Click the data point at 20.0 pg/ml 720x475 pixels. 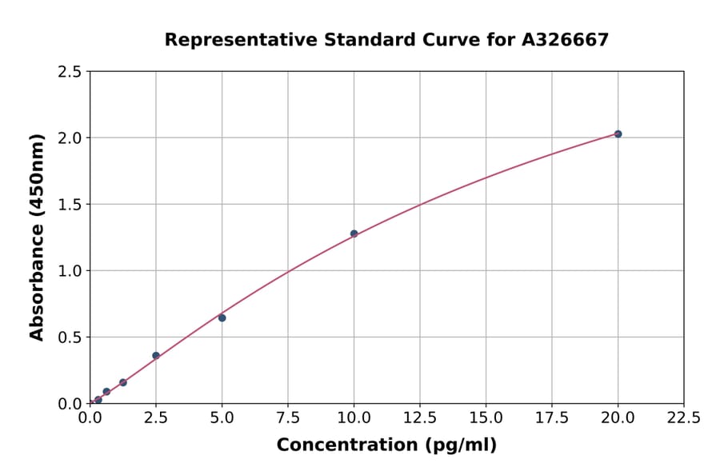coord(618,134)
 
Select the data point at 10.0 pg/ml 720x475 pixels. coord(354,234)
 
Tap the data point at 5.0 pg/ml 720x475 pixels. coord(222,317)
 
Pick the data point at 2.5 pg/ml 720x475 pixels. coord(156,355)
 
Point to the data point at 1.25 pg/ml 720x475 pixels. coord(122,382)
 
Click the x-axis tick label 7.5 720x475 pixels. coord(288,418)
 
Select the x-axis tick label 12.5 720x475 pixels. coord(420,418)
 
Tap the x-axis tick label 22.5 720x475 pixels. coord(684,418)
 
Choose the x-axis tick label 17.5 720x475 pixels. coord(552,418)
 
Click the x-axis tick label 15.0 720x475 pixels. coord(486,418)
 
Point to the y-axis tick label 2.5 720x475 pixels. coord(70,72)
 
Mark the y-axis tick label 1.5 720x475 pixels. coord(70,205)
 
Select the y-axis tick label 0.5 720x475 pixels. coord(70,337)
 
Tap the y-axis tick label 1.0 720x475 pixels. coord(70,271)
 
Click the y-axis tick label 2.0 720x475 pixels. coord(70,138)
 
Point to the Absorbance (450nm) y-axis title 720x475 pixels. coord(37,237)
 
